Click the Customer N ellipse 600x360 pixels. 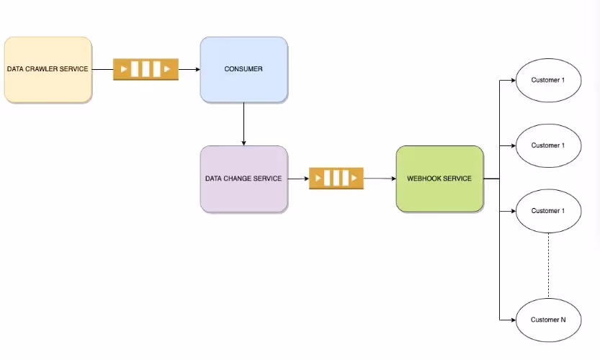click(x=548, y=319)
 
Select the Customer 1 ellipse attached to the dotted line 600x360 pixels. click(x=548, y=211)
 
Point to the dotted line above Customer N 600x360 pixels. click(x=548, y=266)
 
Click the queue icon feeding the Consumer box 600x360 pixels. click(x=145, y=70)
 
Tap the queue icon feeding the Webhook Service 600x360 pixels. click(x=336, y=178)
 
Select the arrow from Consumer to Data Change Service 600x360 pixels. click(x=244, y=122)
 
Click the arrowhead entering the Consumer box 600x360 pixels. click(x=197, y=70)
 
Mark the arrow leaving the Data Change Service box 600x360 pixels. click(x=297, y=178)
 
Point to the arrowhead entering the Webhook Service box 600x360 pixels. click(x=393, y=178)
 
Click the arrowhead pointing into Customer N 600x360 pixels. click(x=512, y=319)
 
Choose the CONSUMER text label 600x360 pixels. click(x=243, y=69)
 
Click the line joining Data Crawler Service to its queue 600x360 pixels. click(x=102, y=70)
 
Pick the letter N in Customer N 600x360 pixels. click(x=563, y=319)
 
